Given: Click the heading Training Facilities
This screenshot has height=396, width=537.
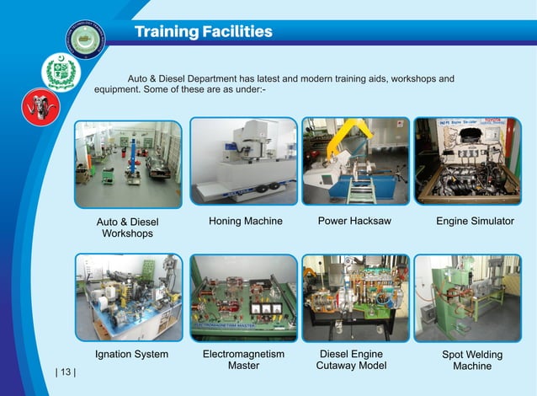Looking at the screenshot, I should [203, 32].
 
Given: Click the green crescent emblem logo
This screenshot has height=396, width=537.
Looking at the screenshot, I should [60, 72].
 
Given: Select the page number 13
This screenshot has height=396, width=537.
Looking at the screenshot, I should [65, 372].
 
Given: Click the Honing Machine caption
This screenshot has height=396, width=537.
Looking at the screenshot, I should [245, 222].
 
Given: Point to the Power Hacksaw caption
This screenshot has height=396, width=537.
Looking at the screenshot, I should [354, 222].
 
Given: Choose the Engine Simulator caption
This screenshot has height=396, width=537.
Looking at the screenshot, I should [475, 222].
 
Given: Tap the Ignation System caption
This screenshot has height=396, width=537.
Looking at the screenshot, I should [131, 354].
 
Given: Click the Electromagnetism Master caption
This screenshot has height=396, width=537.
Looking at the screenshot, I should [243, 360].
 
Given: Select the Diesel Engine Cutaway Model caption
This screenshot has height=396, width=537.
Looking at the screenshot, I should [351, 360].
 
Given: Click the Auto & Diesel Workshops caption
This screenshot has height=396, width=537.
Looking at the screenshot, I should [127, 227].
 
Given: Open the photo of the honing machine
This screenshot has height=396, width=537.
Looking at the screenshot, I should [243, 161].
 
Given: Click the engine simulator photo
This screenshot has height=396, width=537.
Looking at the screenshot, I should [467, 161].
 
